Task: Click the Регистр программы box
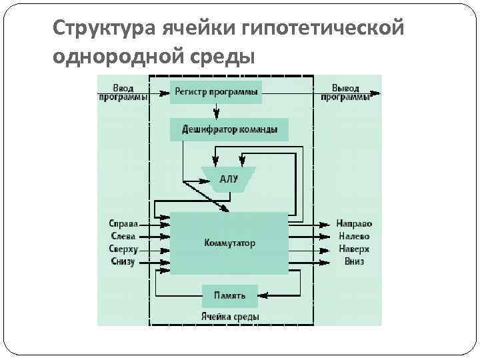coord(215,91)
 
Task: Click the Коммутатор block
coord(229,243)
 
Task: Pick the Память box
coord(229,295)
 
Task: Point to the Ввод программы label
coord(123,92)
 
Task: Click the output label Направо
coord(354,223)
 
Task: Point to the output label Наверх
coord(353,249)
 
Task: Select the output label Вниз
coord(354,262)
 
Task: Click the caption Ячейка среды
coord(229,316)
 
